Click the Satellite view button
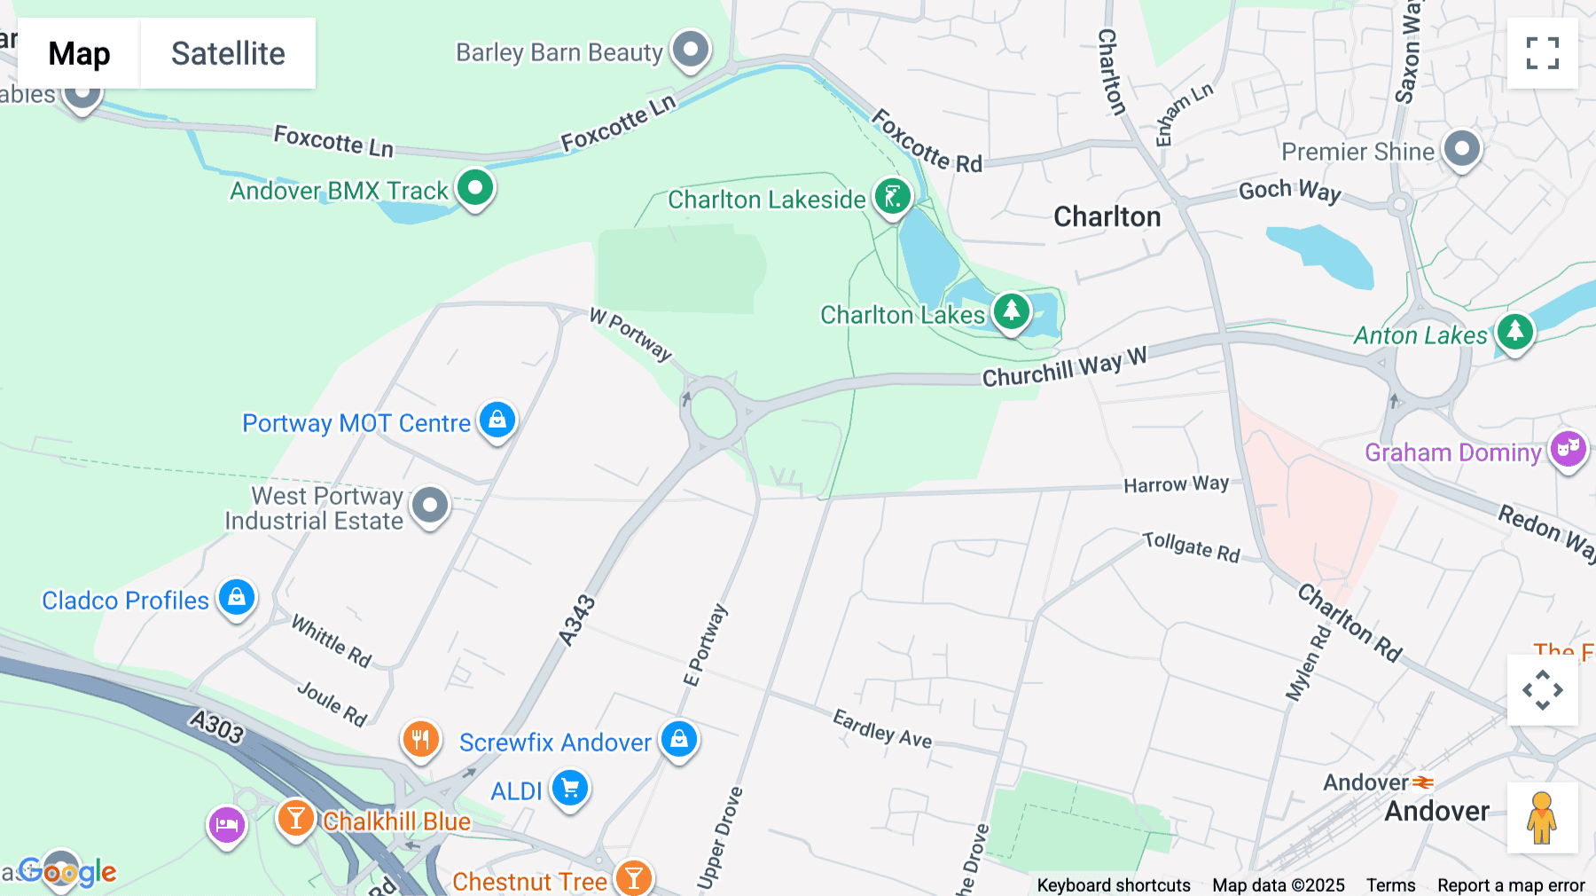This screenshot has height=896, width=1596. (x=228, y=53)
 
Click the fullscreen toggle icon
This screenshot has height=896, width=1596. (x=1542, y=53)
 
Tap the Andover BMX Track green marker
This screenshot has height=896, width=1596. (x=475, y=188)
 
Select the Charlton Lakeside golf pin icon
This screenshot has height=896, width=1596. (x=892, y=197)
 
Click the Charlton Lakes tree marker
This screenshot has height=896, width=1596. (x=1011, y=311)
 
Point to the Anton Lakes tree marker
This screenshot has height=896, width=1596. (x=1514, y=333)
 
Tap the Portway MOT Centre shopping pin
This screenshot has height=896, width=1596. (x=497, y=420)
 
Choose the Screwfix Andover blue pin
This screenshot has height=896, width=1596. (x=679, y=739)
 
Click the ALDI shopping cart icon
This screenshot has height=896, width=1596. (x=570, y=788)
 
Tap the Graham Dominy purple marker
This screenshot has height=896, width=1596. (x=1568, y=450)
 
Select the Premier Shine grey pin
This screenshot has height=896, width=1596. (x=1461, y=149)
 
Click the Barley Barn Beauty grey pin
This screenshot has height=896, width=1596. (x=691, y=49)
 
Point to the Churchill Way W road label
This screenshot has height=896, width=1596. (x=1064, y=366)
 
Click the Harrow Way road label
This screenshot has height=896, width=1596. (x=1176, y=484)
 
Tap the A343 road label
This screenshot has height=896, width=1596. (x=576, y=620)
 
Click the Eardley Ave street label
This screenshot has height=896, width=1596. (x=882, y=728)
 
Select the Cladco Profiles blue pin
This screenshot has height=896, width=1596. (x=237, y=598)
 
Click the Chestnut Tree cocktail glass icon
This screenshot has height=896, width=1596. (x=634, y=878)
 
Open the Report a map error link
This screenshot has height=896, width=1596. (x=1511, y=885)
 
